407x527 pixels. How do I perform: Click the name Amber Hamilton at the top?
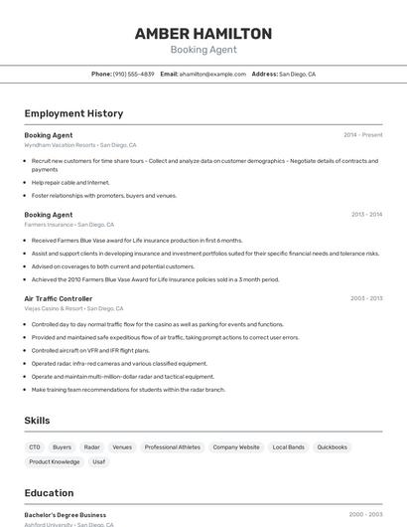(203, 34)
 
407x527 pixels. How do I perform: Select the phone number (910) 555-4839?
(133, 74)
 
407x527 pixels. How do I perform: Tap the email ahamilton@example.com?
(212, 74)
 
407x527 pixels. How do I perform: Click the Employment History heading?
(73, 113)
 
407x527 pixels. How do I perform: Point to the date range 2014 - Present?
(362, 135)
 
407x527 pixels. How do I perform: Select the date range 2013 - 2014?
(366, 215)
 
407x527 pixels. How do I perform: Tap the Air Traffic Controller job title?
(58, 298)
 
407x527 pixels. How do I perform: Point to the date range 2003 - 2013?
(366, 298)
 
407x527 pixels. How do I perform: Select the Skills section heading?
(37, 421)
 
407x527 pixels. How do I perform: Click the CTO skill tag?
(35, 447)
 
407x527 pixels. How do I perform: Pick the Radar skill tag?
(92, 447)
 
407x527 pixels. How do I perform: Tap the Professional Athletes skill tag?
(172, 447)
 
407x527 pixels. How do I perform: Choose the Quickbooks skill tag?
(332, 447)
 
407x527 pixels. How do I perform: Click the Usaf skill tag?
(99, 461)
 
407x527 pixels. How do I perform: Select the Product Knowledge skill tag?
(55, 461)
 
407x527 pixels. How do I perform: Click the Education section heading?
(49, 493)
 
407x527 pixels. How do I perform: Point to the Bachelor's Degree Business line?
(65, 515)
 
